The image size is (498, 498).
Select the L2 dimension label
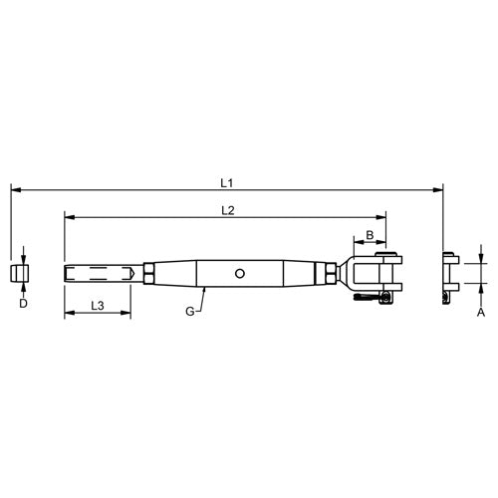tap(226, 209)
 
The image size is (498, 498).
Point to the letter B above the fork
tap(371, 235)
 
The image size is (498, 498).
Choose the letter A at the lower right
tap(480, 312)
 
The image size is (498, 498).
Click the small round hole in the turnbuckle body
tap(239, 272)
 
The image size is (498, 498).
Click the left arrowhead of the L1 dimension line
tap(14, 188)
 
